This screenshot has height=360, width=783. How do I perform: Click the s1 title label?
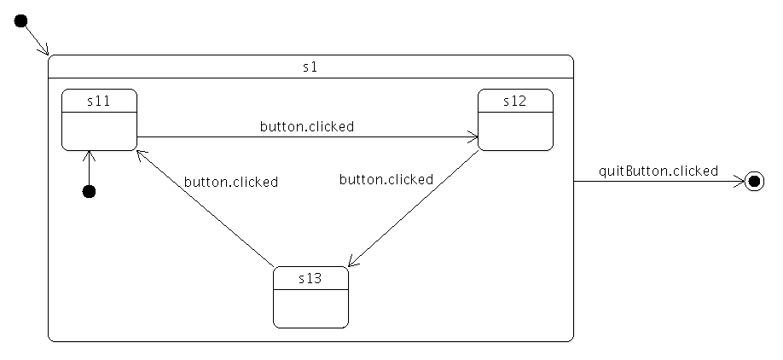point(310,67)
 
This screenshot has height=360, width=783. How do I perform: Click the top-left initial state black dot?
point(22,21)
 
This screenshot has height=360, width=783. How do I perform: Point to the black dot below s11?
point(89,191)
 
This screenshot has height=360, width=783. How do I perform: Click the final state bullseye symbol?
point(754,181)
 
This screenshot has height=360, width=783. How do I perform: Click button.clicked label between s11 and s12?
point(306,126)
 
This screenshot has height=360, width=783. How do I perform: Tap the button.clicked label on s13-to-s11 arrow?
point(230,182)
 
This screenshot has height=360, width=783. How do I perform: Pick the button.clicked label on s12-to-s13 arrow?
point(386,179)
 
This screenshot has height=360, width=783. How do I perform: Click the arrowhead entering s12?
point(473,136)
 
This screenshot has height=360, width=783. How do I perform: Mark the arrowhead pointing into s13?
point(352,262)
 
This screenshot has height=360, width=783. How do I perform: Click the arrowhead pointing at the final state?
point(739,181)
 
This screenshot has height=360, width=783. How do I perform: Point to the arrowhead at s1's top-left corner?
point(45,51)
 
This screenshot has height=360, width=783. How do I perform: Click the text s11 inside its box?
point(99,101)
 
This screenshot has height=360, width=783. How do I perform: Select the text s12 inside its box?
point(514,101)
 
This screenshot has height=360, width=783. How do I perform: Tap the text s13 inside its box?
point(310,278)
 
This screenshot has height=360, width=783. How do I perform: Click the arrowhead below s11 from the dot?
point(89,155)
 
